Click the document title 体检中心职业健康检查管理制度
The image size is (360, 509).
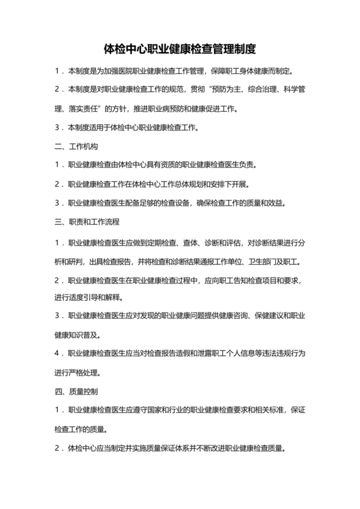pyautogui.click(x=180, y=48)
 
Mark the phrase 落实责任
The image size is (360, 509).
pyautogui.click(x=73, y=109)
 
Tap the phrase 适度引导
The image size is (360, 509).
pyautogui.click(x=80, y=297)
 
